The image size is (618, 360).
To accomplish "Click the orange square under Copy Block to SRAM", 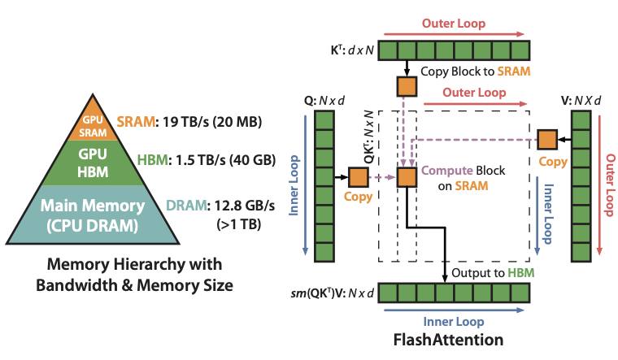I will pyautogui.click(x=405, y=85).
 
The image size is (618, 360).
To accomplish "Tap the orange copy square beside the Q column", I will pyautogui.click(x=358, y=177).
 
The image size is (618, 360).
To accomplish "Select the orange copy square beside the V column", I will pyautogui.click(x=546, y=139).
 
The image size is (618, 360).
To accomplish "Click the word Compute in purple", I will pyautogui.click(x=445, y=171).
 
